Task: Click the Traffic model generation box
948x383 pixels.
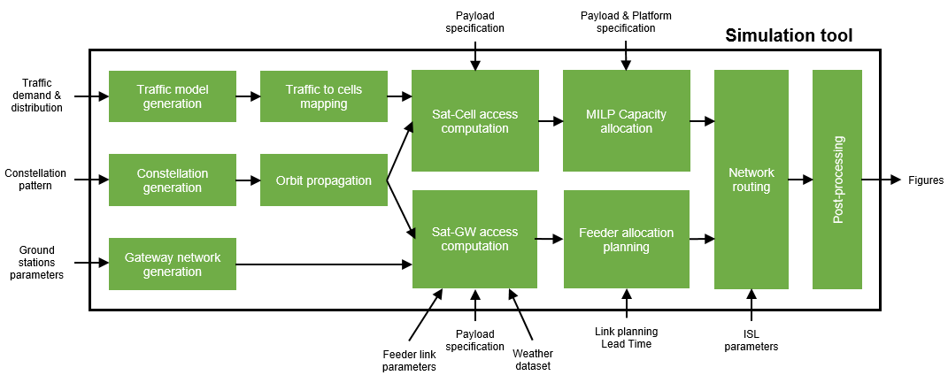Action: coord(173,96)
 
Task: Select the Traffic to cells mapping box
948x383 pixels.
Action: coord(324,96)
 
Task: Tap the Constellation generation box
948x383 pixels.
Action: coord(173,180)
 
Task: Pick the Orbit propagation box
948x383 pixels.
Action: coord(324,180)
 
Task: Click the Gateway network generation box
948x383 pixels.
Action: coord(173,264)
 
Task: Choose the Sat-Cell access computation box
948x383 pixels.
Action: coord(475,121)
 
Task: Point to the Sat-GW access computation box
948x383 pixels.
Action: coord(475,239)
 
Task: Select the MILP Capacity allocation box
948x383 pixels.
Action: coord(626,121)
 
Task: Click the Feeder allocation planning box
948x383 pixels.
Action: coord(626,239)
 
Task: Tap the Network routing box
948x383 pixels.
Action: coord(751,180)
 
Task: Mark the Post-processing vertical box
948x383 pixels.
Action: coord(836,180)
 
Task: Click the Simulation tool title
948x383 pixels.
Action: coord(789,36)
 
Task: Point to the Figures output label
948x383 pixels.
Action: coord(925,180)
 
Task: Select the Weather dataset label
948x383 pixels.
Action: coord(531,359)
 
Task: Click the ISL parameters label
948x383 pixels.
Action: coord(751,341)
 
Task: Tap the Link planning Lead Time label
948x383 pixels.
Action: coord(626,337)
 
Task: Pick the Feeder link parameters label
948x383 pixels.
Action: coord(408,360)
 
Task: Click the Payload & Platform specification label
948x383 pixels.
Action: coord(626,22)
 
